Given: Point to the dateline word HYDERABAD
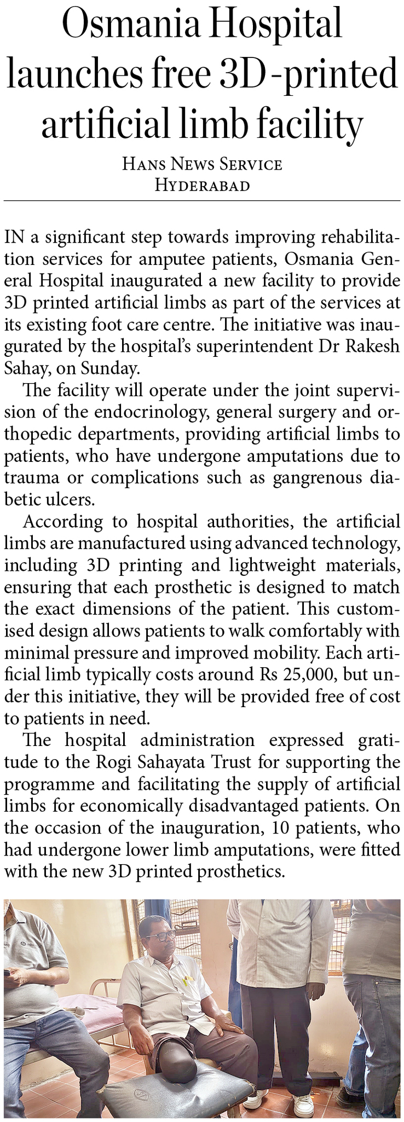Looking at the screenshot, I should pyautogui.click(x=202, y=186).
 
